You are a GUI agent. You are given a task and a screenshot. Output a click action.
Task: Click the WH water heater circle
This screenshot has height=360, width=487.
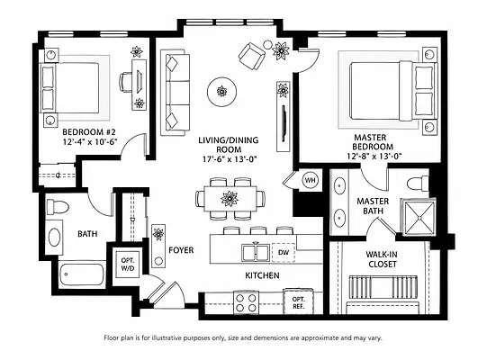[x=310, y=180]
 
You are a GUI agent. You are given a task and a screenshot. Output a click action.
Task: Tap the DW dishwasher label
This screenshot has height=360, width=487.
[x=283, y=252]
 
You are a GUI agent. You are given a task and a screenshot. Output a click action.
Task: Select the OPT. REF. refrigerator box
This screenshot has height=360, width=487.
[x=298, y=301]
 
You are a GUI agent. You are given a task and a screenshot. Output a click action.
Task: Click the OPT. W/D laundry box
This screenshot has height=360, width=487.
[x=127, y=264]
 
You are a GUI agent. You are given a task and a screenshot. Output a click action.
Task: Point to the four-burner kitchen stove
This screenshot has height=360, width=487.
[x=246, y=302]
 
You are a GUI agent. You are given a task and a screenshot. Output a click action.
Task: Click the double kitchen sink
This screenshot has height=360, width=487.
[x=256, y=252]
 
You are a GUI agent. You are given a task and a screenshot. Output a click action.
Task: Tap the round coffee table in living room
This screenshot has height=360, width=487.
[x=221, y=92]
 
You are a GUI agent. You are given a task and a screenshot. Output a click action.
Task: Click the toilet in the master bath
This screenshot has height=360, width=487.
[x=418, y=184]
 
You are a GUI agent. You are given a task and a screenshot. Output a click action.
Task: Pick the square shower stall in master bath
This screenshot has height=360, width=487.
[x=418, y=217]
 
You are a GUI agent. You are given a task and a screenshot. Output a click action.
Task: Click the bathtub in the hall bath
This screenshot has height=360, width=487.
[x=82, y=274]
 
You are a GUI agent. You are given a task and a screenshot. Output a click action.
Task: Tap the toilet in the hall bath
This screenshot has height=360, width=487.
[x=58, y=207]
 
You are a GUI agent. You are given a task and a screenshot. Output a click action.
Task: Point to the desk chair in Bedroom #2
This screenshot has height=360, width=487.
[x=125, y=82]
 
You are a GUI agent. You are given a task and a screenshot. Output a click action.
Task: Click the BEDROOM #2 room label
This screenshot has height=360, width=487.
[x=89, y=131]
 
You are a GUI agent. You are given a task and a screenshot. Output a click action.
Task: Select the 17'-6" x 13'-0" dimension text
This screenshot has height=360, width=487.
[x=230, y=159]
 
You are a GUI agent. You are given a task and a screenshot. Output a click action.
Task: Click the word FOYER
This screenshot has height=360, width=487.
[x=181, y=250]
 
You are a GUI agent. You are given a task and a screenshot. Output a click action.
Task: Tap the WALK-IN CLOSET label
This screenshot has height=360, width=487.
[x=382, y=259]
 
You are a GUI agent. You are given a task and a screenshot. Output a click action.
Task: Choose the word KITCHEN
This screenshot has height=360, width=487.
[x=262, y=275]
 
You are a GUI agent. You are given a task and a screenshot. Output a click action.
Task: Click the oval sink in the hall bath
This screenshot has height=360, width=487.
[x=54, y=238]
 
